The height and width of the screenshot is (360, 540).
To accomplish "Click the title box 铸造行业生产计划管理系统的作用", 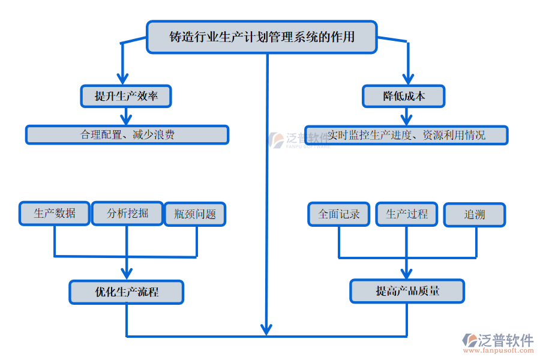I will [262, 37].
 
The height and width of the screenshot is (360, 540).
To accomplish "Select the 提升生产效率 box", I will [126, 95].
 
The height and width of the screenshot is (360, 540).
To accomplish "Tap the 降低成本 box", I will [404, 96].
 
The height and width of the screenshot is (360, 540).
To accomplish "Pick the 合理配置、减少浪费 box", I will [127, 135].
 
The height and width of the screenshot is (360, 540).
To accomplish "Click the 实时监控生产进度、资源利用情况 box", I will [406, 135].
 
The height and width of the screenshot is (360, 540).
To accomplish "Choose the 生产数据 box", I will [55, 213].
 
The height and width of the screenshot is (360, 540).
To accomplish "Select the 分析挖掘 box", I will [127, 213].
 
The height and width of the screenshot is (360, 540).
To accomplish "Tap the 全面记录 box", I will [339, 214].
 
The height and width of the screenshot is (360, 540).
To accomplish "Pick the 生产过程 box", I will [407, 214].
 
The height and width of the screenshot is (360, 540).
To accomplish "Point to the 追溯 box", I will [475, 215].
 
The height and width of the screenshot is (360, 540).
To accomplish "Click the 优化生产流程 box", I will [126, 292].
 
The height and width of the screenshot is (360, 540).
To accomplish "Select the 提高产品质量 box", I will [407, 291].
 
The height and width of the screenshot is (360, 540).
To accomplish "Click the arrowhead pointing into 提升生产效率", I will [123, 78].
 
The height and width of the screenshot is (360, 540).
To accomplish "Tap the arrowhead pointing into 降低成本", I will [408, 78].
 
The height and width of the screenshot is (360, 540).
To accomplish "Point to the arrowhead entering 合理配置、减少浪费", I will [126, 119].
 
